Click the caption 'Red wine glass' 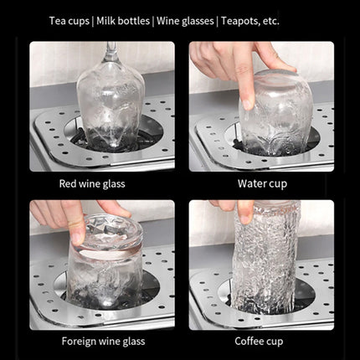point(92,184)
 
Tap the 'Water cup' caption point(262,184)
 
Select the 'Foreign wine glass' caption point(103,342)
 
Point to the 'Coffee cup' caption point(259,342)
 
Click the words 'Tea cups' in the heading point(69,21)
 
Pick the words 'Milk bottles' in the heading point(123,21)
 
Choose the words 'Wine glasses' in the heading point(185,21)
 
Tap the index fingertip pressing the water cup point(247,104)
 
